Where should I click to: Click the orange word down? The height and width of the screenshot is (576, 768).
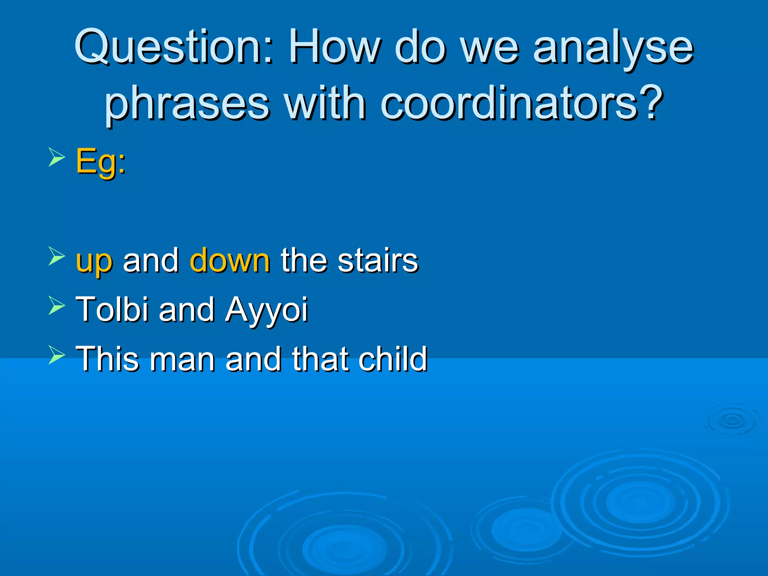click(x=229, y=260)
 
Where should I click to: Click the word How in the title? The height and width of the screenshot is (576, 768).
click(x=334, y=48)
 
